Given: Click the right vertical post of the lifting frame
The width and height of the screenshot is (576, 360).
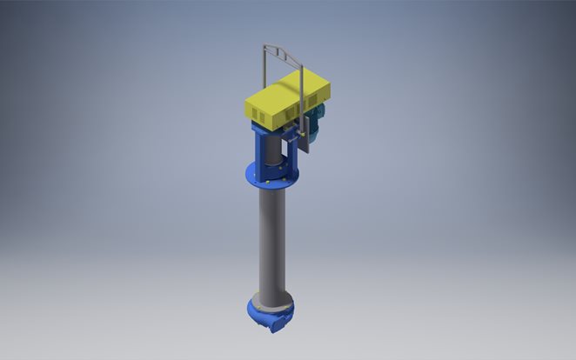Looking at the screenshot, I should pos(299,87).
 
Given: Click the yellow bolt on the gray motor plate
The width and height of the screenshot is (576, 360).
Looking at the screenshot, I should pos(305,132).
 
